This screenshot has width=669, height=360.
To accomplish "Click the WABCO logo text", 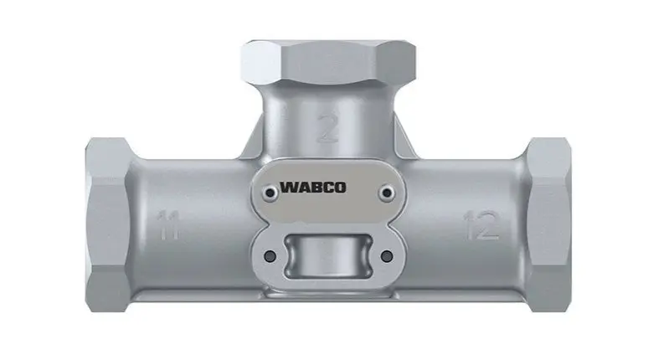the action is click(313, 188).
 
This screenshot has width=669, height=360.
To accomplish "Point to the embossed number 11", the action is click(168, 224).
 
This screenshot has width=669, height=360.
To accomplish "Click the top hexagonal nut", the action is click(327, 62).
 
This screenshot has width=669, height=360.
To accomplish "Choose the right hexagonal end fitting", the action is click(547, 224).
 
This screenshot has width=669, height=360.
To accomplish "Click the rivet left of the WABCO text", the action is click(270, 193).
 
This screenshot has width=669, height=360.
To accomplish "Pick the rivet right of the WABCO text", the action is click(387, 193).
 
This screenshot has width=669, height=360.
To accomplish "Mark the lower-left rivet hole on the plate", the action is click(270, 256).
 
